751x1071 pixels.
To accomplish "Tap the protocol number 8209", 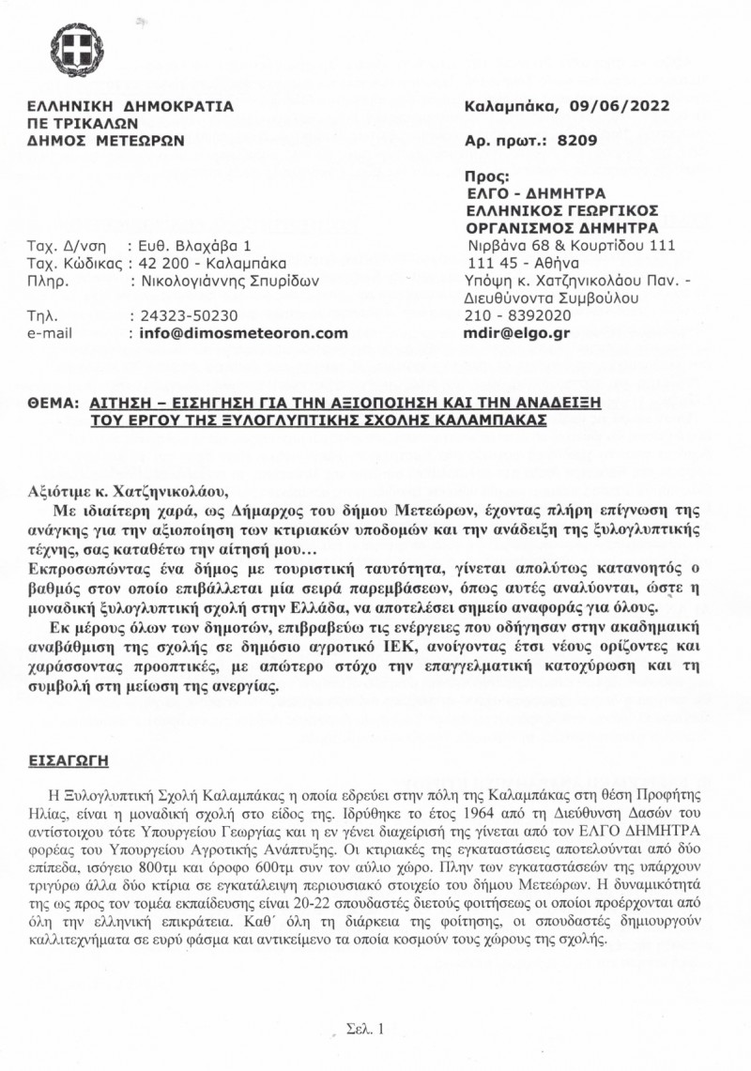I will pyautogui.click(x=575, y=142).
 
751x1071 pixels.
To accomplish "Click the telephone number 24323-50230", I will pyautogui.click(x=188, y=315).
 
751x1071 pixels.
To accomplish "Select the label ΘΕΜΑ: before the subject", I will pyautogui.click(x=51, y=402).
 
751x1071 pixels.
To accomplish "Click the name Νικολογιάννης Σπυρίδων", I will pyautogui.click(x=229, y=280).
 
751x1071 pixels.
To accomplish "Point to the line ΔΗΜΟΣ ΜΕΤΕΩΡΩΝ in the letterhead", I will pyautogui.click(x=106, y=141).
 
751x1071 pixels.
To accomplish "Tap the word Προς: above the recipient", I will pyautogui.click(x=486, y=176).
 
